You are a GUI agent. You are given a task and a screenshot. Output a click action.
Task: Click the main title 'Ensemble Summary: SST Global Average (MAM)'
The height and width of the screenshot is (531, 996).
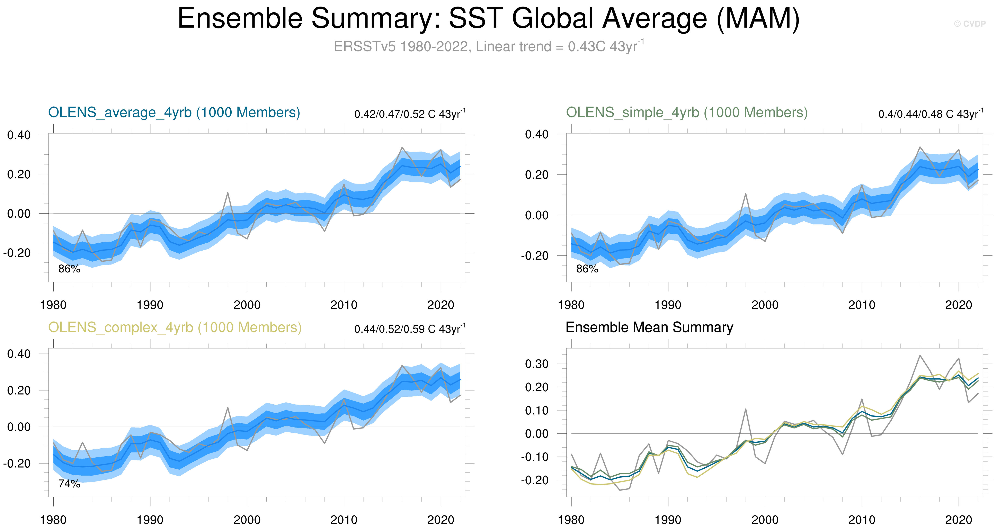(488, 19)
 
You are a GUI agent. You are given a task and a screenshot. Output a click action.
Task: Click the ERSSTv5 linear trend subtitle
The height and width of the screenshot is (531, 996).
(488, 46)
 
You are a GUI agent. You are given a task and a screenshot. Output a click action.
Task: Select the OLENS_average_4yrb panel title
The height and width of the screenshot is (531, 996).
(174, 112)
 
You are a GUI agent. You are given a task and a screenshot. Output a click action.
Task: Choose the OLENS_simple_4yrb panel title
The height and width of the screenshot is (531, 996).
(687, 112)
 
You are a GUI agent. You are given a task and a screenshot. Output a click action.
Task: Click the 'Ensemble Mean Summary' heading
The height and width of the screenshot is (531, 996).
(649, 327)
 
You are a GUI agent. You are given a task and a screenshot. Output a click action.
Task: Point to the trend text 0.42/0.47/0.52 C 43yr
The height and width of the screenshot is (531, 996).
(410, 114)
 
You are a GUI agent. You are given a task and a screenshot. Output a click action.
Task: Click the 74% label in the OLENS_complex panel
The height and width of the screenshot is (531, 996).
(69, 484)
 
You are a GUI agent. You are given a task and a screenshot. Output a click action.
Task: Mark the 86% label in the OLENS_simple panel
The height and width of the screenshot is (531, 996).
(587, 269)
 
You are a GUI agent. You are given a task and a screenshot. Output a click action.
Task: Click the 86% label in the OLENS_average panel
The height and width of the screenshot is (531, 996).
(69, 269)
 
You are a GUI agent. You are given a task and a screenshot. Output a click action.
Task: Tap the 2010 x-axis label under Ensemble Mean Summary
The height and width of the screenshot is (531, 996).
(861, 520)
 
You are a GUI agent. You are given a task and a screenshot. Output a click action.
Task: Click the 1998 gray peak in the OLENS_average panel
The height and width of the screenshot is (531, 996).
(228, 193)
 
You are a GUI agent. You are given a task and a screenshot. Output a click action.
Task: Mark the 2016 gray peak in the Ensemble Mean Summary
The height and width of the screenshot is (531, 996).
(920, 355)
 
